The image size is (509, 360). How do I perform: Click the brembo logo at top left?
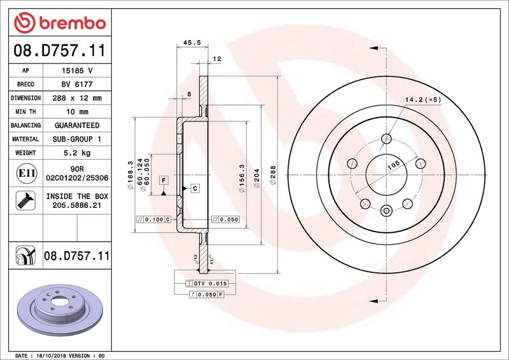click(x=60, y=23)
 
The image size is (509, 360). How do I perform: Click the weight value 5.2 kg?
click(x=77, y=153)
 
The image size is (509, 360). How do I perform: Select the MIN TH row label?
click(x=25, y=112)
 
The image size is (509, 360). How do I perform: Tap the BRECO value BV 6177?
click(x=77, y=85)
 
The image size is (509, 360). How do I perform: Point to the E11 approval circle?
click(x=26, y=173)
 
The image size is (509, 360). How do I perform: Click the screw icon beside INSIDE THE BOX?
click(x=25, y=200)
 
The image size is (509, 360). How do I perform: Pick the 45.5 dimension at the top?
click(x=192, y=43)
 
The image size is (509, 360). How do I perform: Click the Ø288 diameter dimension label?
click(x=273, y=176)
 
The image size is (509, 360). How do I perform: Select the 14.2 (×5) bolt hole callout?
click(x=423, y=100)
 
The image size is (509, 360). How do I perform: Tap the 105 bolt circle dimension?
click(x=393, y=165)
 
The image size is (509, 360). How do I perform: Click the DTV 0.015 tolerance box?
click(x=206, y=284)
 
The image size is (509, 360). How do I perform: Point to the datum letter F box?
click(x=164, y=181)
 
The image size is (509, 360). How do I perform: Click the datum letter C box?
click(x=195, y=188)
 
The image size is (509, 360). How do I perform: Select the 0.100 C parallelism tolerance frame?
click(x=153, y=219)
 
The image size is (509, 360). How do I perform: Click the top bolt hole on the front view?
click(x=386, y=139)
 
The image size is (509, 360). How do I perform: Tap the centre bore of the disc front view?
click(x=386, y=175)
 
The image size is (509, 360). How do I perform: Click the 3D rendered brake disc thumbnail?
click(x=60, y=310)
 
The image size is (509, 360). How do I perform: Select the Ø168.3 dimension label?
click(x=131, y=176)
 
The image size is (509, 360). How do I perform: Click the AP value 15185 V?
click(x=77, y=71)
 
